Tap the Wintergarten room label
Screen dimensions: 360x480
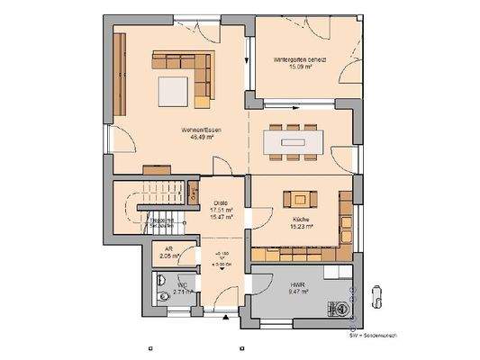(300, 59)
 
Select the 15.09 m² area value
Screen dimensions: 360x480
(300, 67)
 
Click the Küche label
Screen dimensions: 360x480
(301, 219)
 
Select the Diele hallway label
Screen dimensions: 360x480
(221, 202)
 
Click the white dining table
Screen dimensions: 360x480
(294, 141)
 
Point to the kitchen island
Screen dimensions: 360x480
(299, 199)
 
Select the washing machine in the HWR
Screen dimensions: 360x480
(340, 304)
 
